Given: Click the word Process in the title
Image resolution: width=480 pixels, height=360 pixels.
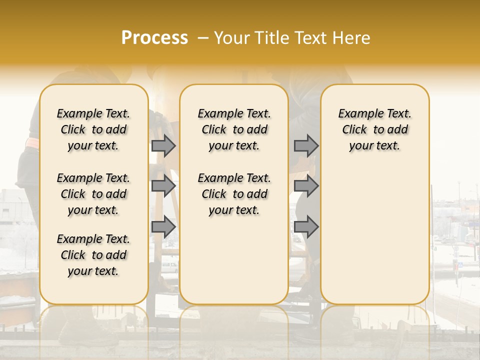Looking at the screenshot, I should (x=154, y=37).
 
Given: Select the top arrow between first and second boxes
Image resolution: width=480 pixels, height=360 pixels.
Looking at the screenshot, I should (x=163, y=145).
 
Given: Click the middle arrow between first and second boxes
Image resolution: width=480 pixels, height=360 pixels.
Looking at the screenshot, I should (x=163, y=186).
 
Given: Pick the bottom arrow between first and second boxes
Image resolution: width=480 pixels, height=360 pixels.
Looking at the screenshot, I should (x=163, y=227).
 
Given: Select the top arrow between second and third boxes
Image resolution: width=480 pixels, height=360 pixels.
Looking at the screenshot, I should (x=306, y=145).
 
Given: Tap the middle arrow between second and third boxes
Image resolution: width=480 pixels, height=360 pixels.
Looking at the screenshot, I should (x=306, y=186).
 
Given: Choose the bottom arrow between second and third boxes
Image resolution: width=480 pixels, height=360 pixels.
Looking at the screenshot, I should (x=306, y=227).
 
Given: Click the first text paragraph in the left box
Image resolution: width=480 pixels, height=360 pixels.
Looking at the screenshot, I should (x=93, y=129).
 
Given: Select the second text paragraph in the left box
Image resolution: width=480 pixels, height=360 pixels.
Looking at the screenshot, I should (x=93, y=194).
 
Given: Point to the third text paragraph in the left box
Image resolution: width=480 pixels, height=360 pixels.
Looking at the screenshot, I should (x=93, y=255).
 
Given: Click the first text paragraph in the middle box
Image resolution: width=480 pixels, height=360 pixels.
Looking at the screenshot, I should (x=234, y=129).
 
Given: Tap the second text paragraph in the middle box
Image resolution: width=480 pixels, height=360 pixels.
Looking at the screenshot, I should (x=234, y=194).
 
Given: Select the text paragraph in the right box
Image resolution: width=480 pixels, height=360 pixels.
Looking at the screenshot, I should (x=375, y=129).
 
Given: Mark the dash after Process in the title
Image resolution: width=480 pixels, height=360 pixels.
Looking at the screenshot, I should (x=202, y=38).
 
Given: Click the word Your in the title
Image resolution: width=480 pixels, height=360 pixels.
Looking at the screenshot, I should (x=231, y=38).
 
